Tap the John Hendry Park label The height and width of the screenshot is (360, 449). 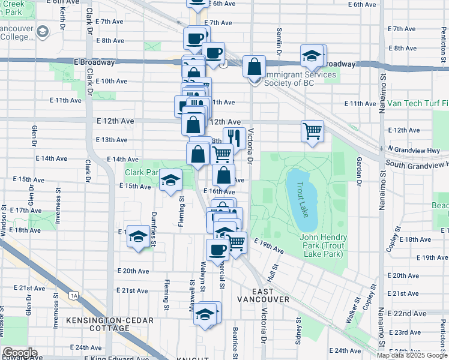(x=321, y=246)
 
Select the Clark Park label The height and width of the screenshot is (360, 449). (x=140, y=172)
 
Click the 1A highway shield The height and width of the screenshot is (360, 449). (x=74, y=295)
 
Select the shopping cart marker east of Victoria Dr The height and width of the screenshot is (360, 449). (x=313, y=130)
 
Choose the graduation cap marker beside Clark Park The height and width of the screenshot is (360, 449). (x=171, y=179)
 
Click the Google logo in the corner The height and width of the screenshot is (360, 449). (x=20, y=353)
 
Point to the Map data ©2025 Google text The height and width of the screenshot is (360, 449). (x=412, y=355)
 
